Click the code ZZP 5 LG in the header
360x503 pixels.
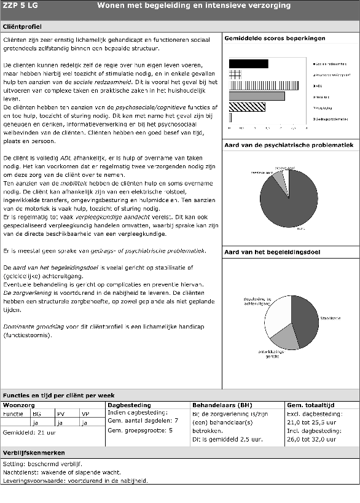[x=20, y=6]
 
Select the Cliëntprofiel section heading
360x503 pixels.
[x=23, y=28]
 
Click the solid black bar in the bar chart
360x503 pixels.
[x=248, y=63]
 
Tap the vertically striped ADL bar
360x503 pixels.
[x=264, y=85]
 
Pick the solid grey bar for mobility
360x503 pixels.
[x=256, y=96]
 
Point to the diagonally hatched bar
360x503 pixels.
[x=247, y=107]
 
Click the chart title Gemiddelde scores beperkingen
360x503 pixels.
[x=275, y=39]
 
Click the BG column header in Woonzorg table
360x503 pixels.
[x=36, y=414]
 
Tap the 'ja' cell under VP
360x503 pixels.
[x=85, y=423]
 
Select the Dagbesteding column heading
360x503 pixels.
[x=129, y=405]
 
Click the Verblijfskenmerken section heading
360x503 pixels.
[x=34, y=453]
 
